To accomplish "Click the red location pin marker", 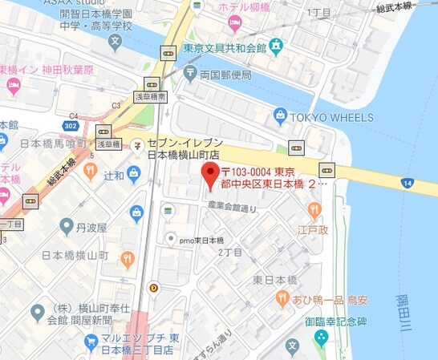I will click(x=209, y=174).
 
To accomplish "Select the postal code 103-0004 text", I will click(x=250, y=172).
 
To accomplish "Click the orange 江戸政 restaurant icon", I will click(x=314, y=210).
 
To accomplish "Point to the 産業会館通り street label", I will click(x=233, y=207).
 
